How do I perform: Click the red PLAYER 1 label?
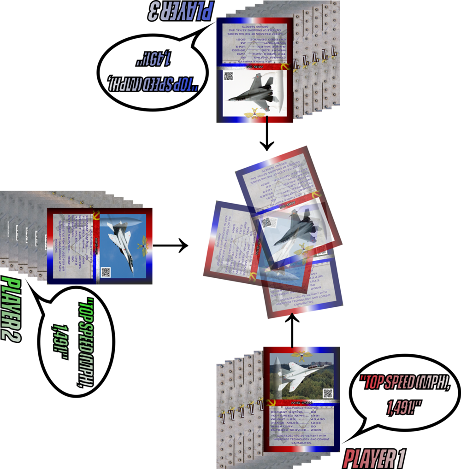tap(374, 459)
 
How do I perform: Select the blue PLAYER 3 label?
tap(181, 10)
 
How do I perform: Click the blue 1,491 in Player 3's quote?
tap(154, 59)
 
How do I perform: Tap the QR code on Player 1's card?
tap(328, 393)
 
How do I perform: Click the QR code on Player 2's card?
tap(106, 272)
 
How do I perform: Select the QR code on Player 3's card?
tap(229, 77)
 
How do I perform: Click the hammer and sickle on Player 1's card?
tap(266, 404)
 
